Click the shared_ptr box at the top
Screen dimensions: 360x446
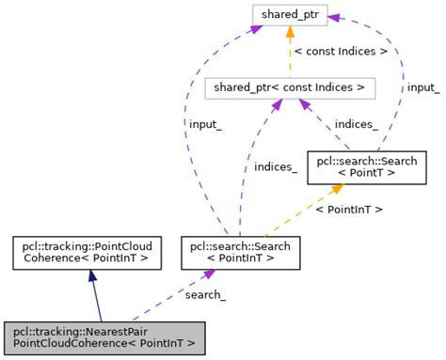[290, 15]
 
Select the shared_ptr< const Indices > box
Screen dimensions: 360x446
[290, 88]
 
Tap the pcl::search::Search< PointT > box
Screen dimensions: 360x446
[367, 167]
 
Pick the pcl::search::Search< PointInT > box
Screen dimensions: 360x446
[241, 253]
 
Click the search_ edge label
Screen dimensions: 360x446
[205, 295]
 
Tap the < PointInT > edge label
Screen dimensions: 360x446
[348, 210]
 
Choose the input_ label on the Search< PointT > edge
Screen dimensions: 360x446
[422, 87]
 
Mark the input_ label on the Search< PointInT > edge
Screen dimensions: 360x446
[205, 124]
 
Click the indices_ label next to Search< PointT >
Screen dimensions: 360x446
[357, 124]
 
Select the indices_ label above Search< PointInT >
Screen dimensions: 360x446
[276, 167]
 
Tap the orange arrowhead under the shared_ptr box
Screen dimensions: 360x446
[290, 34]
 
